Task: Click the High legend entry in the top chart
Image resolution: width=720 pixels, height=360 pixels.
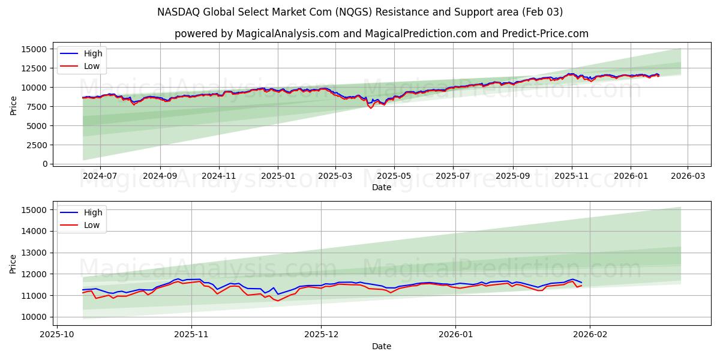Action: [93, 54]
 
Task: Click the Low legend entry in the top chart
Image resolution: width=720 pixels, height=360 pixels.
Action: [92, 67]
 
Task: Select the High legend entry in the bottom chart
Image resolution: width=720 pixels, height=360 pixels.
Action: [93, 212]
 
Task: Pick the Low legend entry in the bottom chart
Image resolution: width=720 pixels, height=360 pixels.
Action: [92, 225]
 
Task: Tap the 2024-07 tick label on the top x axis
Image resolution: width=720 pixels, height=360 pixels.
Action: [100, 176]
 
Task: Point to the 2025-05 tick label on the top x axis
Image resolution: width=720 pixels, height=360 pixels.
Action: [394, 176]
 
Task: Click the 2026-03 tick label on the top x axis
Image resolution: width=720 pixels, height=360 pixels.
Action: [687, 176]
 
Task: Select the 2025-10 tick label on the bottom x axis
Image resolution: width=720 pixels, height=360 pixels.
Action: [57, 335]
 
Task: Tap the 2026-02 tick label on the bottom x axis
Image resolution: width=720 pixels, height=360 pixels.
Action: [590, 335]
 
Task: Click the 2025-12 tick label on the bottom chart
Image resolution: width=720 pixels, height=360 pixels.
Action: [321, 335]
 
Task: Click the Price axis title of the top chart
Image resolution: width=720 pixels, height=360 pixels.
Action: [14, 105]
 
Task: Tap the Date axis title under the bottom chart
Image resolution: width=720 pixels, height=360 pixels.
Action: [382, 346]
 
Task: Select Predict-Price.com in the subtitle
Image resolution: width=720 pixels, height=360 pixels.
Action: [544, 34]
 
